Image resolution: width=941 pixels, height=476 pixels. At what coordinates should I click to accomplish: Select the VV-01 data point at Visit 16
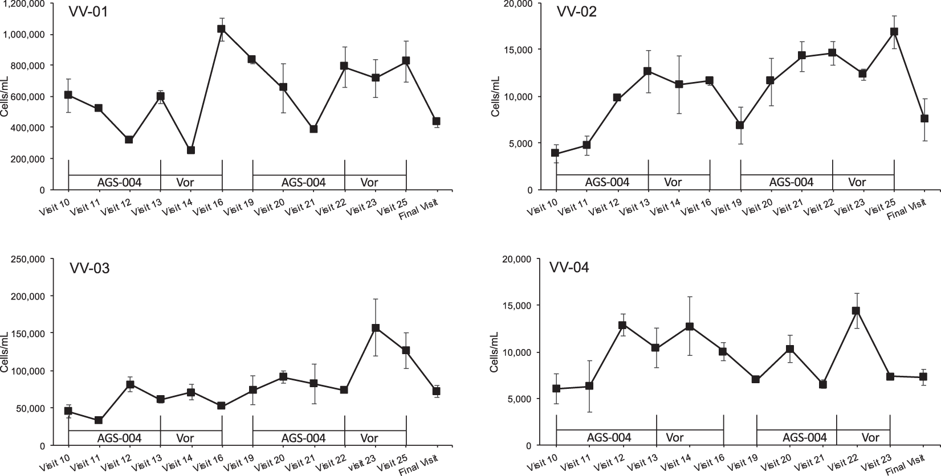[x=221, y=28]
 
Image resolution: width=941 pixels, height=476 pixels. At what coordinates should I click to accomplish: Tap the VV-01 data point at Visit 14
[x=191, y=150]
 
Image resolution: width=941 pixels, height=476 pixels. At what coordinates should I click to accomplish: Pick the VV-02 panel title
[x=573, y=12]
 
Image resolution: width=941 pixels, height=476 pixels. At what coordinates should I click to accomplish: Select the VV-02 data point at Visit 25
[x=894, y=32]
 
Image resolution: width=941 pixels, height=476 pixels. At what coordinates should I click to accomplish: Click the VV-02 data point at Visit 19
[x=740, y=125]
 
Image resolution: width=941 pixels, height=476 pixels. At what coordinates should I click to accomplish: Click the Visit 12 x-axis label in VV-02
[x=605, y=210]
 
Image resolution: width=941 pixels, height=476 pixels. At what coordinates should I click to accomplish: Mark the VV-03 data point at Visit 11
[x=99, y=420]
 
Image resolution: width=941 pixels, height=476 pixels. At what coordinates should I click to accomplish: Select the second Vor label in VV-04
[x=870, y=438]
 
